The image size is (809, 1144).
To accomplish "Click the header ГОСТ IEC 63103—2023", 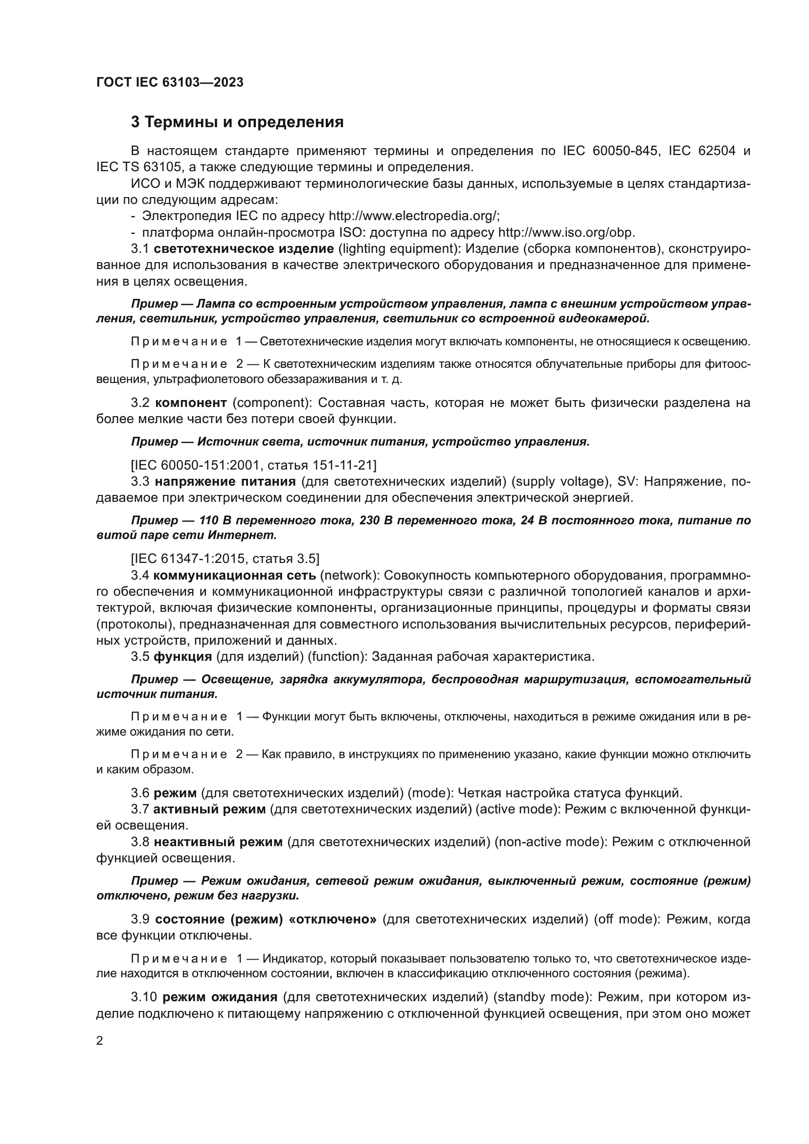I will tap(169, 83).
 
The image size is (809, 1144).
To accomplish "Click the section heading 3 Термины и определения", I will tap(237, 122).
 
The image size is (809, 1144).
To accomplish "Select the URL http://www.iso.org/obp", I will tap(566, 233).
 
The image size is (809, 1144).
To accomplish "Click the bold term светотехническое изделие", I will tap(244, 248).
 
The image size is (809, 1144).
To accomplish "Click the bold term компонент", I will tap(191, 403).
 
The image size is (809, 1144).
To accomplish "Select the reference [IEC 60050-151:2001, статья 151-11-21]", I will tap(253, 465).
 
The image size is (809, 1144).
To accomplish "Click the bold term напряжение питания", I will tap(225, 481).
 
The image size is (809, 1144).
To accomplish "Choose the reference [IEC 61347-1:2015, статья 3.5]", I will tap(225, 559).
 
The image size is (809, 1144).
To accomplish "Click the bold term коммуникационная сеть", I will tap(234, 575).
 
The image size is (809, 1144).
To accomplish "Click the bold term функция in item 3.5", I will tap(182, 656).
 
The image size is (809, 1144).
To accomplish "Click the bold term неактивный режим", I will tap(218, 842).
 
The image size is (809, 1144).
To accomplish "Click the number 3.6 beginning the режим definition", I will tap(140, 793).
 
